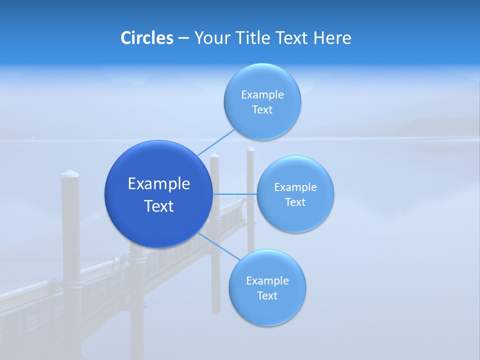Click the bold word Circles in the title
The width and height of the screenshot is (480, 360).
(146, 38)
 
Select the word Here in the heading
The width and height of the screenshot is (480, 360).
(332, 38)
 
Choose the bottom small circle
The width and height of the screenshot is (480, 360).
(267, 310)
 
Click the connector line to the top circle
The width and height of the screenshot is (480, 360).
(216, 142)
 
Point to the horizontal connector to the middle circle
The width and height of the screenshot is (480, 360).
(235, 193)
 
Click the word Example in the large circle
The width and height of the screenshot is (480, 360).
(159, 183)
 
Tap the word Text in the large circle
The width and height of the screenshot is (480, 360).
(159, 206)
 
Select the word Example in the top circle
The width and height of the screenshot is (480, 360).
(262, 94)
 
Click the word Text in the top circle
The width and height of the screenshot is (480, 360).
(262, 109)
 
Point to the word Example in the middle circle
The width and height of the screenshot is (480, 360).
(295, 187)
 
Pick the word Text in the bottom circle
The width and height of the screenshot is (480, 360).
(267, 295)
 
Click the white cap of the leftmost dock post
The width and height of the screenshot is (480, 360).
(70, 173)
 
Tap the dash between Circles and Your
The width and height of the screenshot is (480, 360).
(183, 38)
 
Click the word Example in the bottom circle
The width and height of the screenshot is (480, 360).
(267, 280)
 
